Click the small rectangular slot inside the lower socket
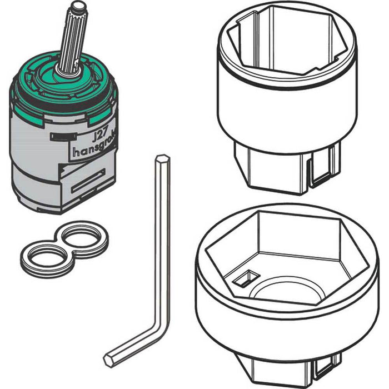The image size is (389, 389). [245, 278]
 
